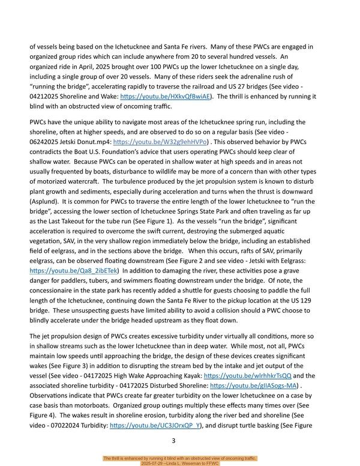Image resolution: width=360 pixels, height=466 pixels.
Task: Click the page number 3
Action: [173, 441]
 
